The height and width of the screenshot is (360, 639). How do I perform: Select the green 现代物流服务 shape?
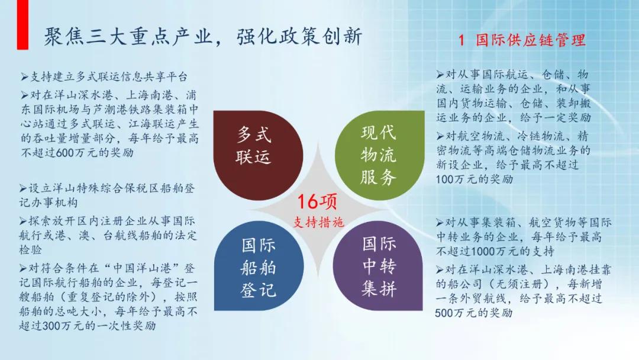(x=379, y=154)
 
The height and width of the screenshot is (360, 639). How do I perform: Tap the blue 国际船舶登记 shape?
(x=257, y=266)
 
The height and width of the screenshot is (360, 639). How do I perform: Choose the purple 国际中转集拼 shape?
(x=379, y=266)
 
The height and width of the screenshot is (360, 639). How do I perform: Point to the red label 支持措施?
(x=318, y=222)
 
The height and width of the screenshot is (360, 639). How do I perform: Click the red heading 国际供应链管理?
(x=532, y=40)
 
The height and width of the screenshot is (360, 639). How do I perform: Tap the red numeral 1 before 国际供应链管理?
(x=463, y=40)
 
